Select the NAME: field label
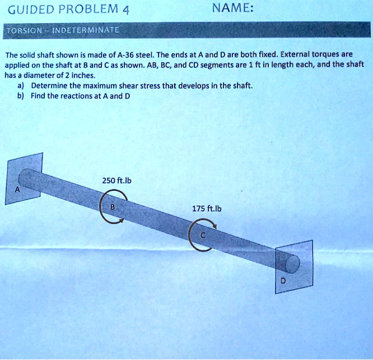233,9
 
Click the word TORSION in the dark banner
21,30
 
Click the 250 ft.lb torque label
116,180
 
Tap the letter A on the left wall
17,189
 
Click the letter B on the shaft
112,206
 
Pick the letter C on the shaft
202,236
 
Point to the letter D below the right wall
283,282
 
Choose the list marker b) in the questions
21,96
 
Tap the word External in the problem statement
292,55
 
